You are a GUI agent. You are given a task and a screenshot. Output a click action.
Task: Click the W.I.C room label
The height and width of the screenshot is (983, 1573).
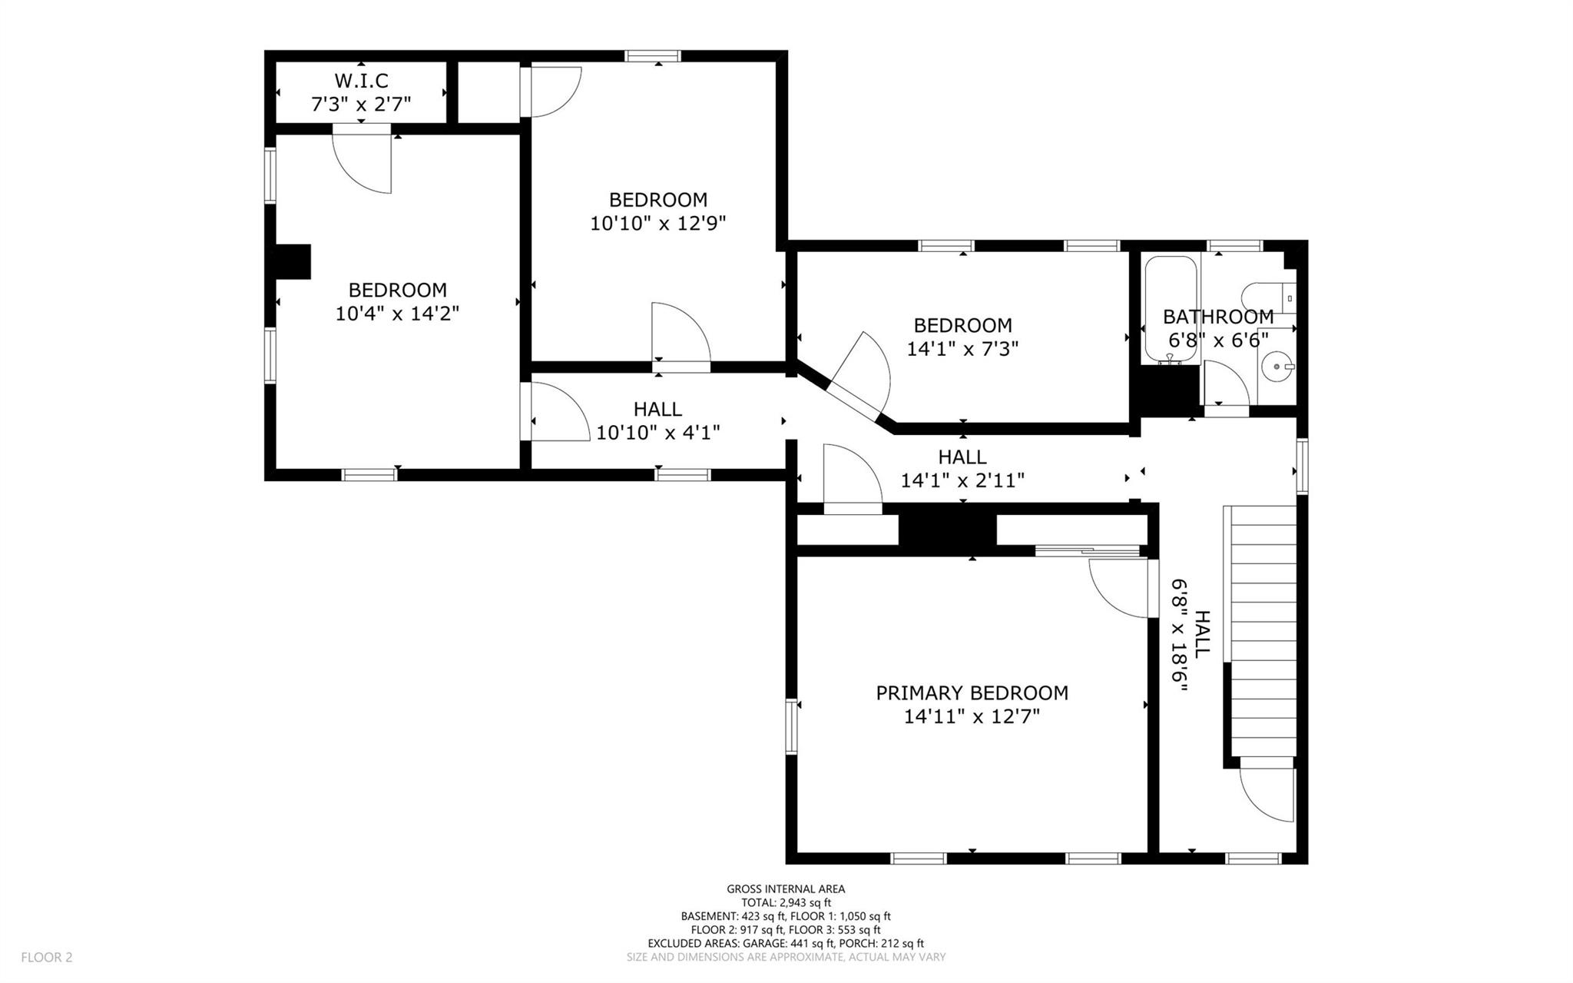point(361,80)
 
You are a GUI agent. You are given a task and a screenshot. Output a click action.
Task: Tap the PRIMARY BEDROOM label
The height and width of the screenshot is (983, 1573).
point(972,692)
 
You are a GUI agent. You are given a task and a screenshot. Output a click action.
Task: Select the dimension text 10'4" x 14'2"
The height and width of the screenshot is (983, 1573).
point(397,314)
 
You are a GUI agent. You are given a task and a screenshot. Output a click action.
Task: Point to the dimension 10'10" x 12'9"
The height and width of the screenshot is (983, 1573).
point(658,224)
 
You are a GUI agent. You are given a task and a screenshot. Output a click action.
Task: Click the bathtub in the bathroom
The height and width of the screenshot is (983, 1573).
point(1171,309)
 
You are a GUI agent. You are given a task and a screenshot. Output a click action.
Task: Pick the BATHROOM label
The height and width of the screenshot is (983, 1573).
point(1218,316)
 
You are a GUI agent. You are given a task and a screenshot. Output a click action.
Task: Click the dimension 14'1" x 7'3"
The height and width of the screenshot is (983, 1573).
point(962,349)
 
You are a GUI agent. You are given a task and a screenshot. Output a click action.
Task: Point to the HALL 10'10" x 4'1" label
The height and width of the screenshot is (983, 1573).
point(658,420)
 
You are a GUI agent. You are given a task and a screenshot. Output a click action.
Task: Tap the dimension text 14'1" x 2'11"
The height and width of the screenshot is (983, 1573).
point(962,481)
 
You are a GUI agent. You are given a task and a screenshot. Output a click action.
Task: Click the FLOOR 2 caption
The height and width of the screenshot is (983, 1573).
point(47,958)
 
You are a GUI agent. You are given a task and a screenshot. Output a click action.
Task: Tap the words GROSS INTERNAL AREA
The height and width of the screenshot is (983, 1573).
point(786,889)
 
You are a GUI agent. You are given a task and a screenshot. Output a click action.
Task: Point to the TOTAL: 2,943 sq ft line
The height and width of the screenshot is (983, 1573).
point(786,903)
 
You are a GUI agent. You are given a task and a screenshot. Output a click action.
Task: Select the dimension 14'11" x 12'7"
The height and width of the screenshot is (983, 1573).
point(972,717)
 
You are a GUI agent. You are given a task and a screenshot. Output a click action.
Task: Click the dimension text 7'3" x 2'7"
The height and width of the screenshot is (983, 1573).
point(361,104)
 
